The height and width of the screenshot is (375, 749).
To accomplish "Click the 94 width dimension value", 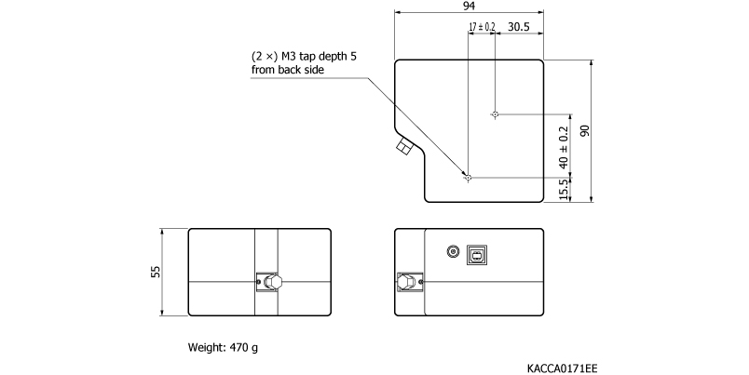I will coord(470,6).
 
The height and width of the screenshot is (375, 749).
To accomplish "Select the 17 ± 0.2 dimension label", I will coord(483,27).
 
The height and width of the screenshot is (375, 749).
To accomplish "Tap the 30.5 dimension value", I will coord(520,27).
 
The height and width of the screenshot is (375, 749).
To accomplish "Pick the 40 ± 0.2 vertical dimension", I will coord(563,146).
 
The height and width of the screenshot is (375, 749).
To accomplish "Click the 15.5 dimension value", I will coord(563,190).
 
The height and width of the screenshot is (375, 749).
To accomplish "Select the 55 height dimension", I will coord(157,271).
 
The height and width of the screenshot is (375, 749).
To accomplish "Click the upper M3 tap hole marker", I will coord(495,114).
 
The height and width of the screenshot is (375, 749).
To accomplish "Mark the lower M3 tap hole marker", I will coord(469,177).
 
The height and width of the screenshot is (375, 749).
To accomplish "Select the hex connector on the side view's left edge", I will coord(406,282).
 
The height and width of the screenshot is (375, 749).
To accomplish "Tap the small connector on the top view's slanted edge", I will coord(404,146).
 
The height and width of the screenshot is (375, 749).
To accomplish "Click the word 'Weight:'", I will coord(207,349).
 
